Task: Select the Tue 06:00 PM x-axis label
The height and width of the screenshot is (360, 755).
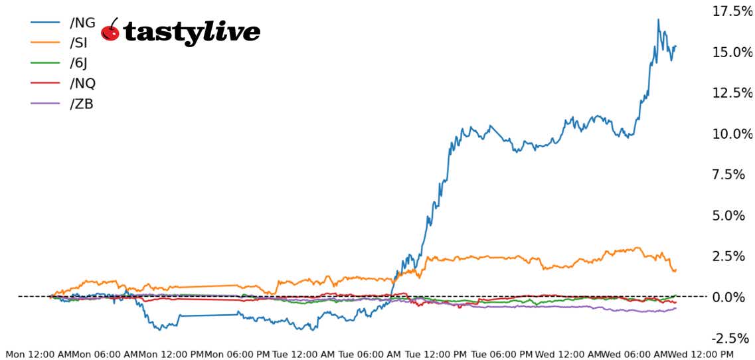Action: click(x=502, y=354)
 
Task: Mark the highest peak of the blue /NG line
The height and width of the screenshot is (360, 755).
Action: click(x=658, y=19)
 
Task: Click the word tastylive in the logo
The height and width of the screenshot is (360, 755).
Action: click(x=193, y=31)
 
